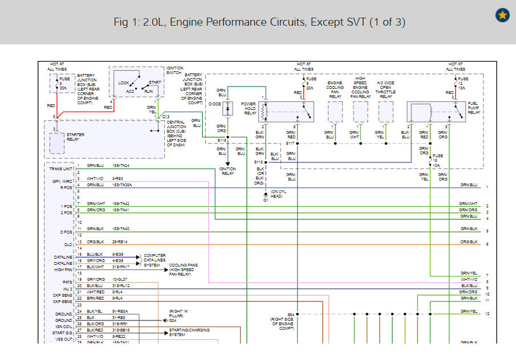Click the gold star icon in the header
click(502, 15)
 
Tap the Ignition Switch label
click(175, 71)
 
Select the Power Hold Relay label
click(249, 108)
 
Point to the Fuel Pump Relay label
click(474, 108)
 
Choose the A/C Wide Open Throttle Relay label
click(386, 89)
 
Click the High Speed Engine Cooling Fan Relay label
click(360, 87)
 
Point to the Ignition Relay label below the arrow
click(228, 171)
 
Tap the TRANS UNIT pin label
click(61, 169)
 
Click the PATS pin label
click(67, 282)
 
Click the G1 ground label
click(265, 200)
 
